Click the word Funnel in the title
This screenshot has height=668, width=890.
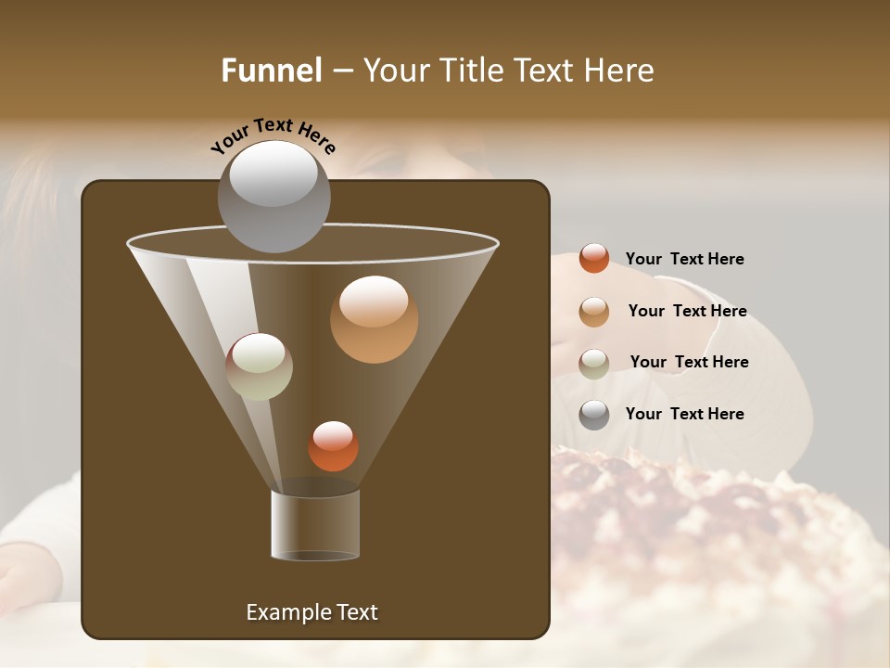coord(271,71)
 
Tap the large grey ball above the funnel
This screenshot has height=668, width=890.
coord(273,196)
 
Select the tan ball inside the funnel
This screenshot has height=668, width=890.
coord(374,319)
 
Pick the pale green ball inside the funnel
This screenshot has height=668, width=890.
coord(259,366)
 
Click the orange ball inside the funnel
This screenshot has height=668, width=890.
coord(333,446)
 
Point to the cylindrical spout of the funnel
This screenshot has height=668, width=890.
coord(315,525)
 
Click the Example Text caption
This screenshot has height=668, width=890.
coord(311,612)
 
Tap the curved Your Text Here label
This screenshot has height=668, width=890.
coord(273,135)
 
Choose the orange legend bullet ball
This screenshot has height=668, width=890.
coord(594,259)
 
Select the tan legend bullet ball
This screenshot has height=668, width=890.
coord(594,312)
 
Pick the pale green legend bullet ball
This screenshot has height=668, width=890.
coord(594,364)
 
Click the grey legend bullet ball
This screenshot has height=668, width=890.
coord(594,415)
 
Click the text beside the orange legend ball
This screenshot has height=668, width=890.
coord(684,260)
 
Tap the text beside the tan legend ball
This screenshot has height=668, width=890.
coord(687,312)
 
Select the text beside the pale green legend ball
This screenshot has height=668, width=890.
coord(689,363)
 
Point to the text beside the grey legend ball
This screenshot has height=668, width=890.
coord(684,415)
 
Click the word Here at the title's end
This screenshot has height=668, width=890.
coord(618,71)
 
